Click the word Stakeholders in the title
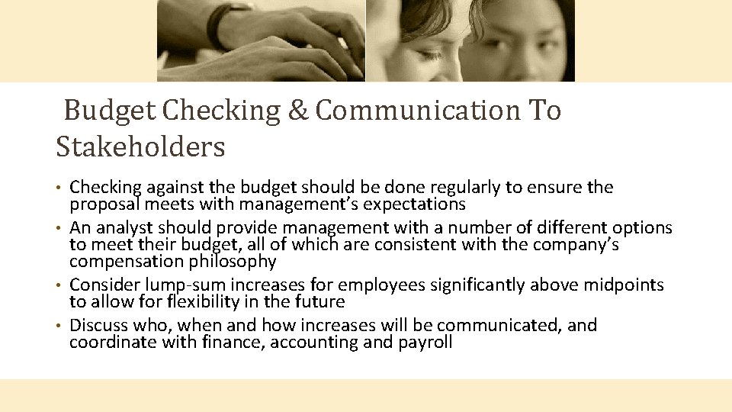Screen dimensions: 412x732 (140, 146)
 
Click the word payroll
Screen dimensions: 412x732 (425, 342)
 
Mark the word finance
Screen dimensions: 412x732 (236, 342)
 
